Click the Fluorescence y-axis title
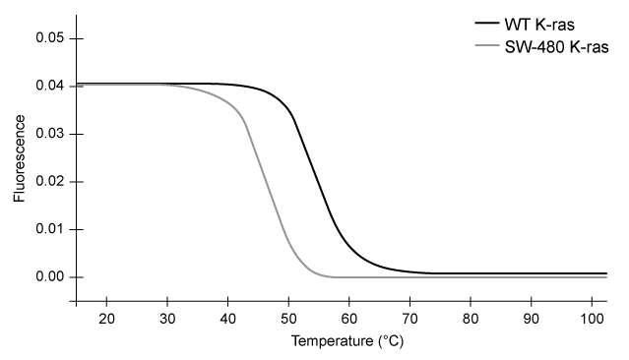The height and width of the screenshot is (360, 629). (x=19, y=156)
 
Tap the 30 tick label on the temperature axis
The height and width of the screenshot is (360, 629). (x=167, y=319)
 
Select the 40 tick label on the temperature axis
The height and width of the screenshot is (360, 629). (x=227, y=319)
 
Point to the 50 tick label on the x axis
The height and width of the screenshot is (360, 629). (x=288, y=319)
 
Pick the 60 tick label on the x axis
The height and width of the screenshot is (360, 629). (x=349, y=319)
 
